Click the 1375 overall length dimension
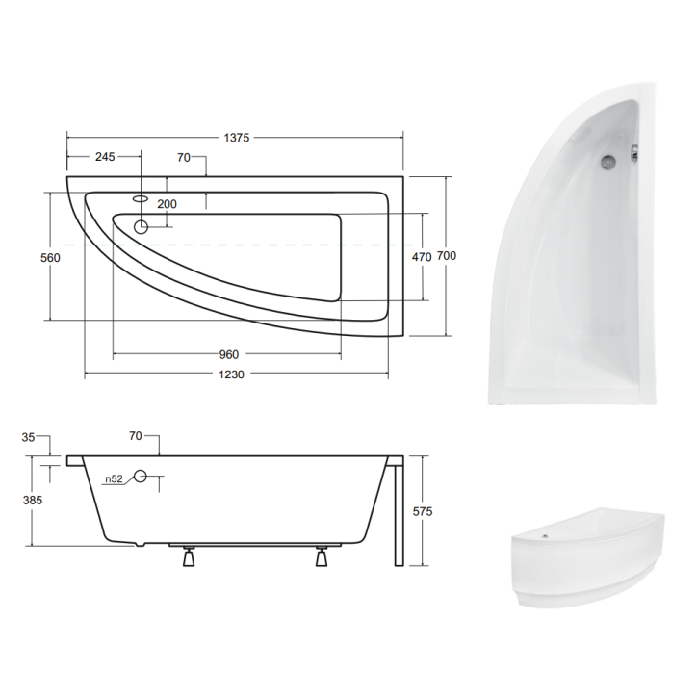click(x=237, y=138)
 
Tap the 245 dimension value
click(x=104, y=157)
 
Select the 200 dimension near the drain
click(x=168, y=204)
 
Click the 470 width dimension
click(x=421, y=257)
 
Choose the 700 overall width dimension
click(x=447, y=256)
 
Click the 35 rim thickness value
click(x=29, y=437)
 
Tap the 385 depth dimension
click(x=33, y=500)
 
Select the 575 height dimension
click(x=421, y=512)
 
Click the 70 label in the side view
click(x=137, y=437)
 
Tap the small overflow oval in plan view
click(x=141, y=198)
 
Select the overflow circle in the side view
click(x=141, y=476)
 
